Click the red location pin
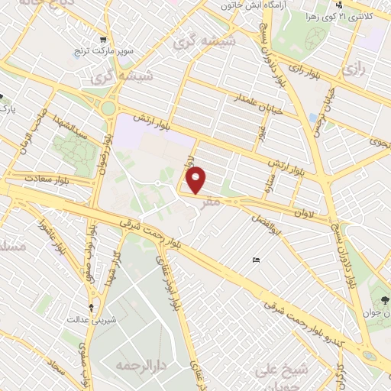(196, 180)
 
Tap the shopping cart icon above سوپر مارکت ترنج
(102, 39)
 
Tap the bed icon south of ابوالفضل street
(257, 261)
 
